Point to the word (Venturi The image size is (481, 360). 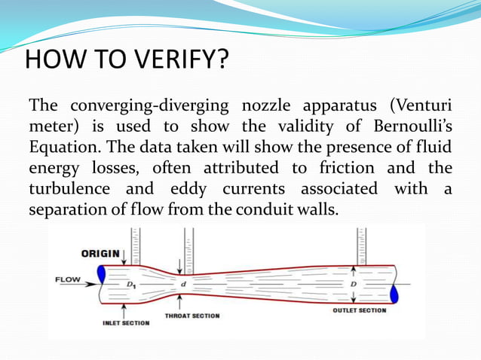click(418, 104)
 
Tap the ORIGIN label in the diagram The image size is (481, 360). click(100, 253)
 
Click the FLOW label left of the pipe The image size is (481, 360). click(68, 279)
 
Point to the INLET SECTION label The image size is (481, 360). click(126, 323)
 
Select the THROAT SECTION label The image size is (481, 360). click(192, 316)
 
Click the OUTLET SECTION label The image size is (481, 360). click(360, 310)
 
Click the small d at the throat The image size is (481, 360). click(182, 284)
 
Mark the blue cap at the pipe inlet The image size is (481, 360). click(102, 279)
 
